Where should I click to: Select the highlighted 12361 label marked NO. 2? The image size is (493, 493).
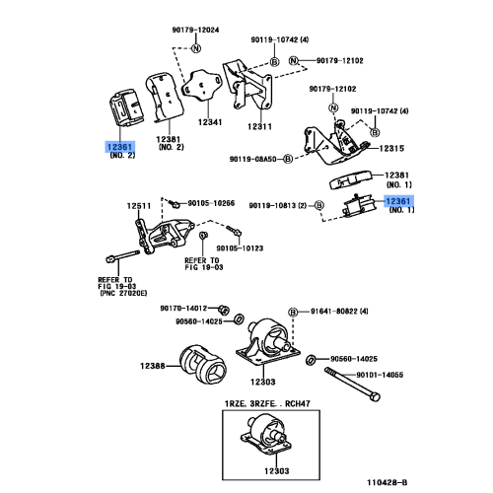[109, 147]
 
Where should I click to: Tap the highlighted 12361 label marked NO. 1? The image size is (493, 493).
[399, 202]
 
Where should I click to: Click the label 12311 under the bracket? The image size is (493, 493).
[259, 127]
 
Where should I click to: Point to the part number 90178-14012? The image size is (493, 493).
[187, 309]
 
